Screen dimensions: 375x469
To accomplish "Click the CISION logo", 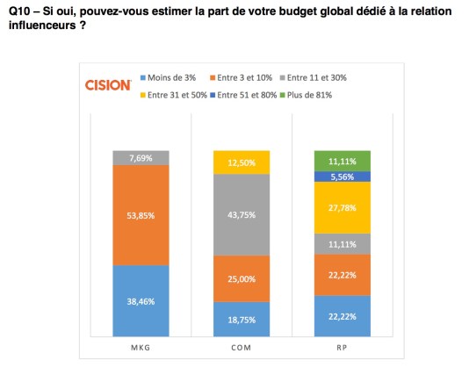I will click(x=108, y=84).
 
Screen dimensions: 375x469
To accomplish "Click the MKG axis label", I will click(x=140, y=348).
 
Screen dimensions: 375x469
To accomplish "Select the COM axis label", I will click(x=241, y=348).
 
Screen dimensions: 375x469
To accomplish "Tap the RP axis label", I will click(x=342, y=348).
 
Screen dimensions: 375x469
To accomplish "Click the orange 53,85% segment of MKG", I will click(x=141, y=215).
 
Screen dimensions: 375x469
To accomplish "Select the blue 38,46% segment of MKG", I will click(x=141, y=300).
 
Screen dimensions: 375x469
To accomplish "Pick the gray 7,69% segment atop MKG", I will click(x=141, y=158).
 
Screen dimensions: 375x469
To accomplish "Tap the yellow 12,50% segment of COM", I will click(x=241, y=162).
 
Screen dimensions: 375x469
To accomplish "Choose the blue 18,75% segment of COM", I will click(x=241, y=319).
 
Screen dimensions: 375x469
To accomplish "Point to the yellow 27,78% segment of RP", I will click(x=342, y=207).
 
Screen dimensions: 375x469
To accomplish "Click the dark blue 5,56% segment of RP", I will click(x=342, y=176).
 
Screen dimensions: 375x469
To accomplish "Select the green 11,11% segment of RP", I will click(x=342, y=161).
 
